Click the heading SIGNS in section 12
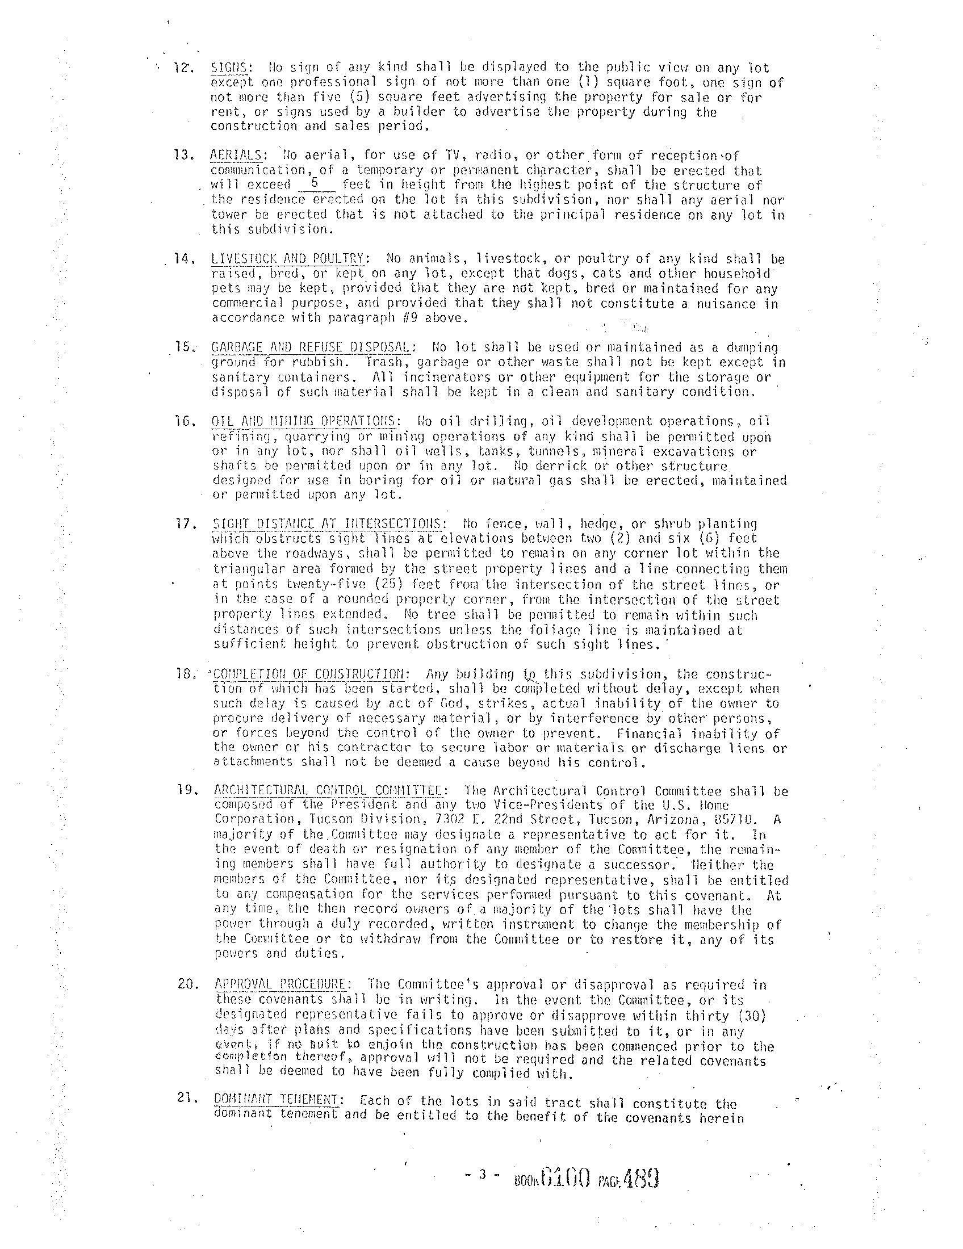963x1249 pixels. [x=229, y=68]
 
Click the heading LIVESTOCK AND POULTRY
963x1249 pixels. [x=288, y=259]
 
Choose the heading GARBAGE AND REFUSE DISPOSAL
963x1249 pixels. [x=311, y=347]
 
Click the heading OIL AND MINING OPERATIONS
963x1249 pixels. [x=304, y=421]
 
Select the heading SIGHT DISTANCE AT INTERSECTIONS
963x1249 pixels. [x=326, y=524]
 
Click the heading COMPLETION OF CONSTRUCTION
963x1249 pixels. [x=311, y=674]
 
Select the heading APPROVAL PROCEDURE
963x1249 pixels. [x=280, y=985]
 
